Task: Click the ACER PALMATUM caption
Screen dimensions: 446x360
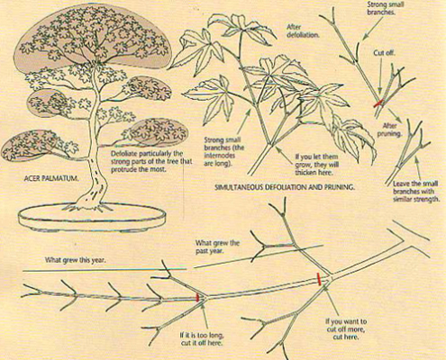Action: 51,178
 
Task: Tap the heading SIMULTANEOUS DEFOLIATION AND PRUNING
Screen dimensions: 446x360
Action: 285,187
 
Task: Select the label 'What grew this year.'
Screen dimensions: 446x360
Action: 76,260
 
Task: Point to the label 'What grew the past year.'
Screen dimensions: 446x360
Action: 217,247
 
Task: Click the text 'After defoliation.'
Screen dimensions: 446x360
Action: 303,31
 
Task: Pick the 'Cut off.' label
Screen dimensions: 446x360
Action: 384,53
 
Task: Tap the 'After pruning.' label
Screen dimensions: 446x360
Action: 389,130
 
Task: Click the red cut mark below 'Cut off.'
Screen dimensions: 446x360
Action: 378,103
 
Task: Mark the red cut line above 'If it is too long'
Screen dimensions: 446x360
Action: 197,297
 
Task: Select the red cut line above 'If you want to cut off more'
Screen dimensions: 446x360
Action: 319,279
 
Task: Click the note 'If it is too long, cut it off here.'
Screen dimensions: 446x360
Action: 202,339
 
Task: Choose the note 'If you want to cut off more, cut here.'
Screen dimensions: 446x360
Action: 346,329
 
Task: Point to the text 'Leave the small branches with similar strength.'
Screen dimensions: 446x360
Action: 416,191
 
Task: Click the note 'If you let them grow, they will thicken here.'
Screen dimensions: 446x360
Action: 316,165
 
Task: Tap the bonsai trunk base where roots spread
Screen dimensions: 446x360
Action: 89,206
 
